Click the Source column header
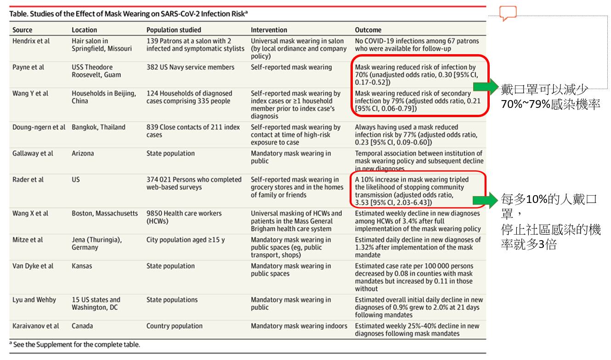(x=23, y=30)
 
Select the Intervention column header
(x=269, y=30)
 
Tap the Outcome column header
(x=368, y=30)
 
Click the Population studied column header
(x=174, y=30)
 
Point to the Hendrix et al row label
(x=31, y=41)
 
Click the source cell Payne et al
(x=28, y=67)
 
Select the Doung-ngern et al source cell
(x=39, y=127)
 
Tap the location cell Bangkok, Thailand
(x=98, y=127)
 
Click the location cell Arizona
(x=83, y=153)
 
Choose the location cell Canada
(x=82, y=326)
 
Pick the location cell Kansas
(x=82, y=266)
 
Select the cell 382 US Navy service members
(x=190, y=67)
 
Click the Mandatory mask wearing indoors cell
(x=299, y=326)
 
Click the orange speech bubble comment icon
(x=508, y=13)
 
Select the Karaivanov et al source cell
(x=36, y=326)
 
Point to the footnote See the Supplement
(x=76, y=344)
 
